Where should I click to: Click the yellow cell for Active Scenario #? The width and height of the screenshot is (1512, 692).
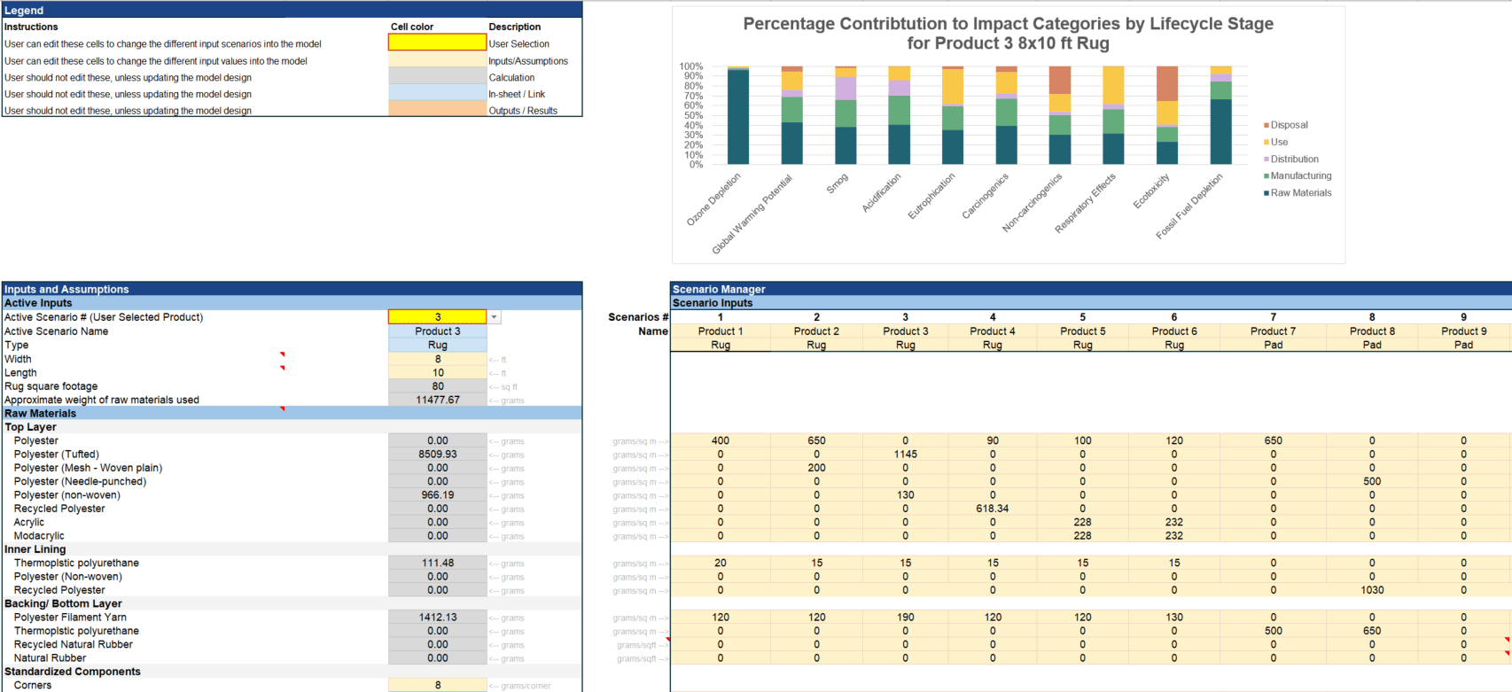(437, 317)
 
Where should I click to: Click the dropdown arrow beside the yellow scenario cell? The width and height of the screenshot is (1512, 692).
(495, 317)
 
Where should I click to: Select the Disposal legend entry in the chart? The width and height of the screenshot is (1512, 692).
(1289, 125)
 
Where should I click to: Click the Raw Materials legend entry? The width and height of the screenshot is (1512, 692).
(1300, 193)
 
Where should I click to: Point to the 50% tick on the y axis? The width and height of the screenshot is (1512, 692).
(691, 116)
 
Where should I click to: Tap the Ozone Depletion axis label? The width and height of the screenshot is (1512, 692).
(714, 200)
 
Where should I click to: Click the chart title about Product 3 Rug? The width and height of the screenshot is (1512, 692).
(1008, 34)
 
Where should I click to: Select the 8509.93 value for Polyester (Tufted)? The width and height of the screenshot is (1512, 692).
(437, 455)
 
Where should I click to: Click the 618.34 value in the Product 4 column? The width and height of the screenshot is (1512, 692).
(993, 509)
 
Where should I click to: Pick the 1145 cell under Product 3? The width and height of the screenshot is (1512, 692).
(905, 455)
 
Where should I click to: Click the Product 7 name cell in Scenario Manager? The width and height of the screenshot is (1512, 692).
(1273, 331)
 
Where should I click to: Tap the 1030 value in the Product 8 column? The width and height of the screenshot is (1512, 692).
(1371, 590)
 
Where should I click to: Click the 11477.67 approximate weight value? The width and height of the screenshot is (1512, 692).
(437, 400)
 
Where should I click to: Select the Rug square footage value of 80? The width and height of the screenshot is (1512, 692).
(437, 386)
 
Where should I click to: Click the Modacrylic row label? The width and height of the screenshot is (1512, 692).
(39, 536)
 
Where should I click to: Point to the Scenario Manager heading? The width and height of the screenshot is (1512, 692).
(719, 289)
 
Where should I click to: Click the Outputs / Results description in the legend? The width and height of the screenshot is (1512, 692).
(523, 111)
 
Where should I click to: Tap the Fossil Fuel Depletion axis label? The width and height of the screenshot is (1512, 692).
(1190, 206)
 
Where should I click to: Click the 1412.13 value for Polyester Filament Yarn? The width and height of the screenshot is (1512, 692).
(437, 618)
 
